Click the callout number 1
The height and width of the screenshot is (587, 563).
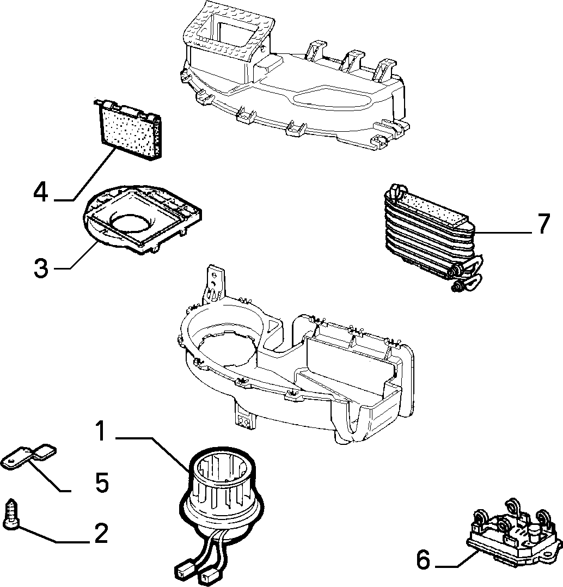pos(101,431)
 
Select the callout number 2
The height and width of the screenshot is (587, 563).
pos(101,533)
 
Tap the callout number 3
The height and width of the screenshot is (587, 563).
pos(41,268)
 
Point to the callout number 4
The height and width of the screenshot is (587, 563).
pos(41,192)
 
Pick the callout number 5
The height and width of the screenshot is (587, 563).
pos(101,482)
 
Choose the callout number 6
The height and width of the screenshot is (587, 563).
pos(424,560)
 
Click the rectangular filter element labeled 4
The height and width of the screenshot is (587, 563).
pos(129,129)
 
